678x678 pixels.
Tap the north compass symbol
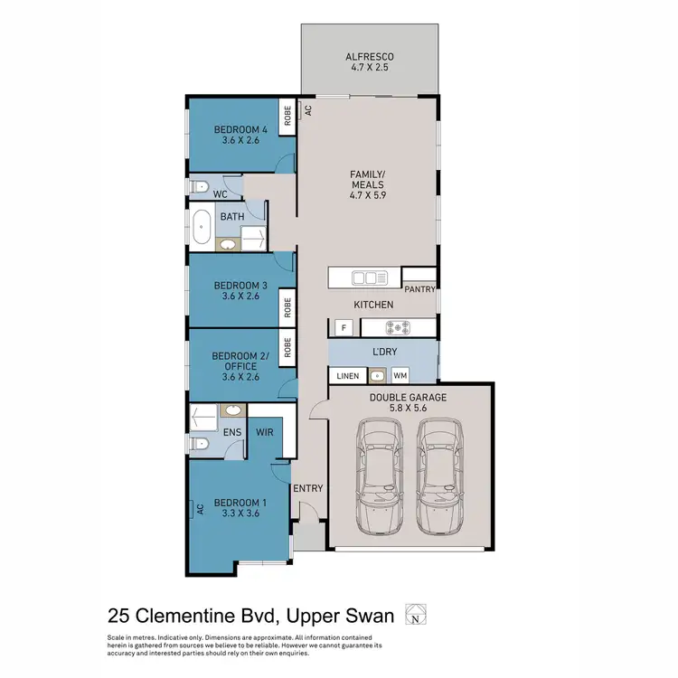coord(415,615)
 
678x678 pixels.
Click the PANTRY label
coord(420,289)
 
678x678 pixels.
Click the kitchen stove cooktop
coord(398,327)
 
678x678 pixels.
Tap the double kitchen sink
coord(367,277)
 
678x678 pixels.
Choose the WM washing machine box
coord(400,375)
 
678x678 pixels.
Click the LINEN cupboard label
coord(348,375)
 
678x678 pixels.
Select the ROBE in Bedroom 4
coord(286,117)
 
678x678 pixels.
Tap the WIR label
coord(266,433)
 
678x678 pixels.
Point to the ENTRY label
coord(308,488)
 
